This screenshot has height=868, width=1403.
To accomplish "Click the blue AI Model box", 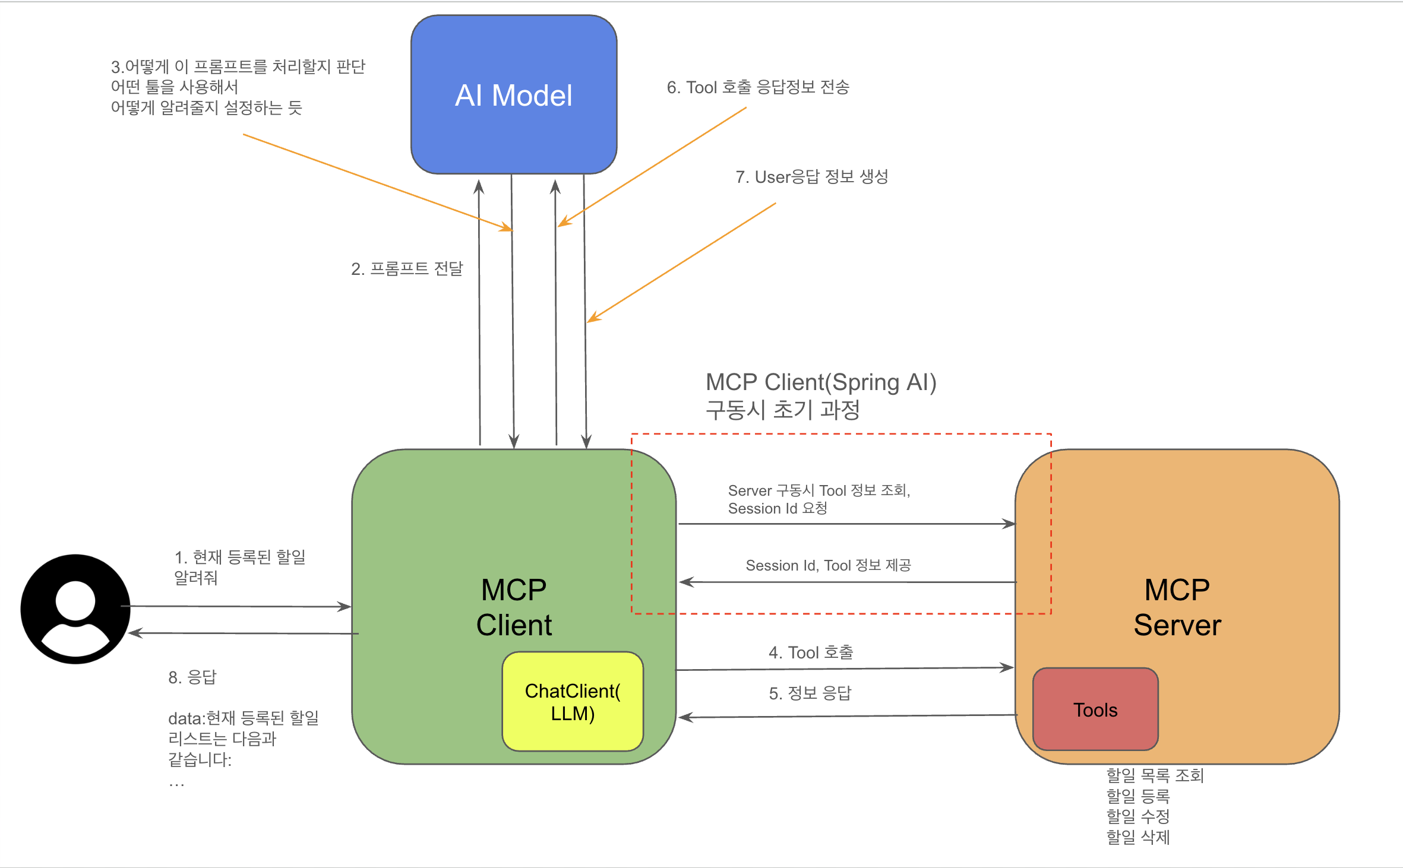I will pos(514,95).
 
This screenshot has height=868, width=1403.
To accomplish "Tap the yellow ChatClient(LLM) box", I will pos(573,702).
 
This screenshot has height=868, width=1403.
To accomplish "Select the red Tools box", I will pos(1095,709).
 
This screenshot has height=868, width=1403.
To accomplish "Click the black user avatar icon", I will pos(75,609).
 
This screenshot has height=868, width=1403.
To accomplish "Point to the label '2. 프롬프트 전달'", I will pos(407,269).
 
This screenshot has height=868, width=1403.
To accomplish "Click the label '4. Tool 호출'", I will pos(811,652).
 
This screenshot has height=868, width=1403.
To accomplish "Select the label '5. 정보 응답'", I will pos(810,693).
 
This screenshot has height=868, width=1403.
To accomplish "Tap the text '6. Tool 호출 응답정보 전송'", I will pos(758,87).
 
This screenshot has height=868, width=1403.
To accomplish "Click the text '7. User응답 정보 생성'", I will pos(811,177).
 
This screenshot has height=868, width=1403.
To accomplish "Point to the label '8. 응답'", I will pos(192,677).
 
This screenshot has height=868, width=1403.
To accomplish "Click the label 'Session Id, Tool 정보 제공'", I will pos(828,565).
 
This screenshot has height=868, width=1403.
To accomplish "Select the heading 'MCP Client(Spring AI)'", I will pos(821,382).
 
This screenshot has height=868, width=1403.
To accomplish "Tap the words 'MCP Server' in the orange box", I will pos(1177,607).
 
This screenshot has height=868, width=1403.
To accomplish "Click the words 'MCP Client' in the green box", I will pos(514,607).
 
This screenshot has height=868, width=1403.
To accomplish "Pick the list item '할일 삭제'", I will pos(1137,837).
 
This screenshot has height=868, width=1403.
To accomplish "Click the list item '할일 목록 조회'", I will pos(1155,775).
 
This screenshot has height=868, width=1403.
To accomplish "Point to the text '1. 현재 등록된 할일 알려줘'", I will pos(239,567).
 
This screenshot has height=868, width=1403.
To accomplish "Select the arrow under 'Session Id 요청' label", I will pos(846,524).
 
